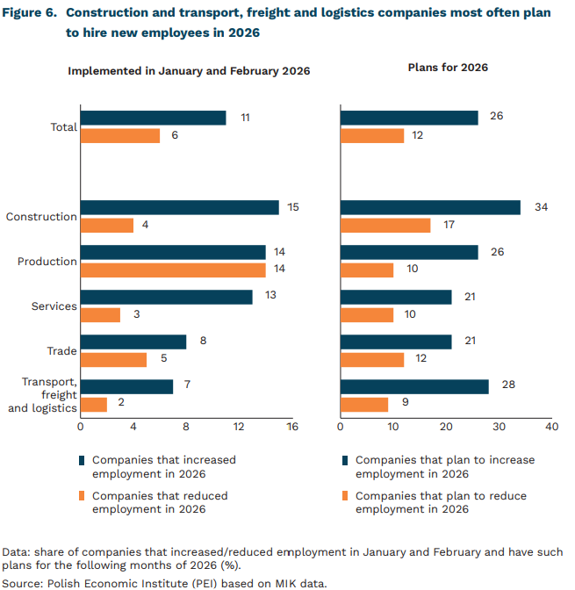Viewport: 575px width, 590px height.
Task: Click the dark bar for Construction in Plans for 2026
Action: point(430,207)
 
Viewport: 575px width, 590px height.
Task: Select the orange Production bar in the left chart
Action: point(173,270)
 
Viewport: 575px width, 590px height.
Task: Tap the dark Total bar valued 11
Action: point(153,118)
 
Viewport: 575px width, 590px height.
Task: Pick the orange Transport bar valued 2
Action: point(94,405)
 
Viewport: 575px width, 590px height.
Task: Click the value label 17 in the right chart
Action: point(449,226)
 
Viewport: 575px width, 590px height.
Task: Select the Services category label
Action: point(54,306)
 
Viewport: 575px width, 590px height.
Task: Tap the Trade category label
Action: point(61,351)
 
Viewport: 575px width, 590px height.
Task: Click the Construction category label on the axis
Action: point(41,217)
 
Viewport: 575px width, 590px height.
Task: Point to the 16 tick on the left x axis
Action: point(292,427)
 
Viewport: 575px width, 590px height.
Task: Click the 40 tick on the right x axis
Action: point(552,427)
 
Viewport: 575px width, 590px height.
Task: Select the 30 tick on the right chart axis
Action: point(500,427)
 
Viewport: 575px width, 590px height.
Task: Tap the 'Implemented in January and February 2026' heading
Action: point(190,70)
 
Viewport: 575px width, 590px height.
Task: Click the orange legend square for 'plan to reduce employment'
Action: point(345,496)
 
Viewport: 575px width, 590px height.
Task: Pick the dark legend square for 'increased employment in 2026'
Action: point(83,459)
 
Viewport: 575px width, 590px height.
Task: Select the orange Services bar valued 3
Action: point(100,315)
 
